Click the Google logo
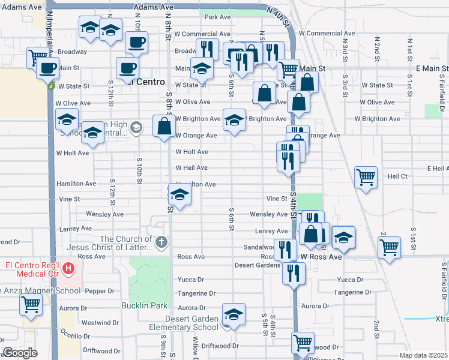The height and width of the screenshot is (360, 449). (20, 353)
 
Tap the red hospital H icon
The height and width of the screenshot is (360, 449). (69, 267)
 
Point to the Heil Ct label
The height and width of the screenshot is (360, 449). (397, 176)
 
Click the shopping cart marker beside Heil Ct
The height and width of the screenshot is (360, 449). (366, 177)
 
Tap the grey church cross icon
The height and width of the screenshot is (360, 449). (160, 242)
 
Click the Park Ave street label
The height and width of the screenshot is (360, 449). (217, 17)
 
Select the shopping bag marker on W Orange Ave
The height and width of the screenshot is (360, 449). (164, 126)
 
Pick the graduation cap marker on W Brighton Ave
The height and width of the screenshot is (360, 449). (234, 119)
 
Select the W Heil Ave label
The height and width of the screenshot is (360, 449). (191, 168)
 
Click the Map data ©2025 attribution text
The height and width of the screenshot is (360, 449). (424, 355)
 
